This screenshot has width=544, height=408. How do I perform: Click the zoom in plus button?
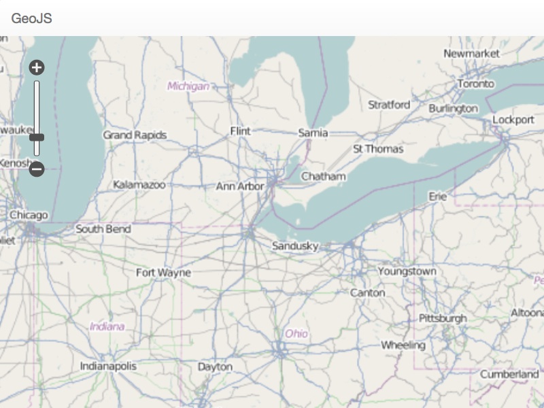point(37,67)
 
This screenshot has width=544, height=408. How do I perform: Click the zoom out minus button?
point(37,169)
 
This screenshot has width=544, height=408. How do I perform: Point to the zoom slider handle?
point(37,137)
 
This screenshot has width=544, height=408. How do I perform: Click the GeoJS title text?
point(31,18)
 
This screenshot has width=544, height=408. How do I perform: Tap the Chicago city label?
point(29,216)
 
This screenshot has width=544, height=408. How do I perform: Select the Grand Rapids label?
point(135,135)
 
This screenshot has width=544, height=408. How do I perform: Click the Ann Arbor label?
point(239,186)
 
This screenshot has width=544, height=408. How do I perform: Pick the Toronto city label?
point(475,84)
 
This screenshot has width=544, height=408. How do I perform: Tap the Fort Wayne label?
point(163,273)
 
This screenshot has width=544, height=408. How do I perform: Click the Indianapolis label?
point(108,366)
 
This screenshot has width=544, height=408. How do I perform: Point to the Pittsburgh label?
point(443,318)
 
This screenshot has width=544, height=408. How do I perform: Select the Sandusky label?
point(295,246)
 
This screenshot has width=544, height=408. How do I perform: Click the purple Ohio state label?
point(296,334)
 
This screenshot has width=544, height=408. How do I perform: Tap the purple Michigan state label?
point(188,86)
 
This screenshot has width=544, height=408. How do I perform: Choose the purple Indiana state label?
point(107,326)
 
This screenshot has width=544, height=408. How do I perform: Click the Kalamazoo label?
point(139,184)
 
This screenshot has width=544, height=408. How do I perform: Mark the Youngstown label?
point(407,271)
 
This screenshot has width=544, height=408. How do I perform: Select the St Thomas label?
point(378,149)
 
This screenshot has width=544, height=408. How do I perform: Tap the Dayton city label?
point(215,367)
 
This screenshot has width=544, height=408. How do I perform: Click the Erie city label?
point(438,196)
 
